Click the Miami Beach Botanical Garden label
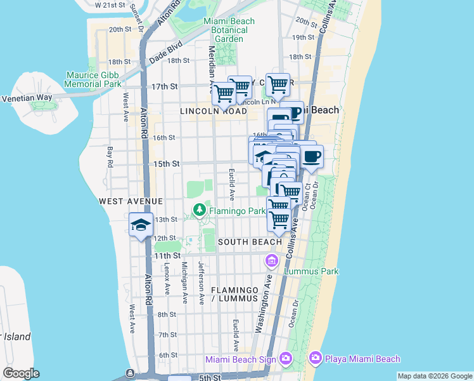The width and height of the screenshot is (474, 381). [x=229, y=30]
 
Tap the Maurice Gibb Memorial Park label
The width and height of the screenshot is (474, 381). [x=94, y=79]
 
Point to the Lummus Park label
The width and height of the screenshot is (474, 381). [x=312, y=271]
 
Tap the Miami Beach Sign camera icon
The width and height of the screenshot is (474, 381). [x=285, y=359]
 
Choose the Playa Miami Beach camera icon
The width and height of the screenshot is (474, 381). [x=315, y=359]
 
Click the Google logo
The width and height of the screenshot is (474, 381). [x=21, y=373]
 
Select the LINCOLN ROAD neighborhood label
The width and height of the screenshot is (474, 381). [x=213, y=110]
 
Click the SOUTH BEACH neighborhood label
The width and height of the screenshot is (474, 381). [x=250, y=242]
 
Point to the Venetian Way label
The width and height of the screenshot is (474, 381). [x=27, y=98]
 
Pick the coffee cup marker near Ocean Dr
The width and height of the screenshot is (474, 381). [x=311, y=156]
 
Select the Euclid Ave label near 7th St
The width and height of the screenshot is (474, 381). [x=235, y=335]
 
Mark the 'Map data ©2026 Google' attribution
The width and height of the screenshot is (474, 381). [x=435, y=376]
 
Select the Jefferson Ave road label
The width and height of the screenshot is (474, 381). [x=201, y=283]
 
